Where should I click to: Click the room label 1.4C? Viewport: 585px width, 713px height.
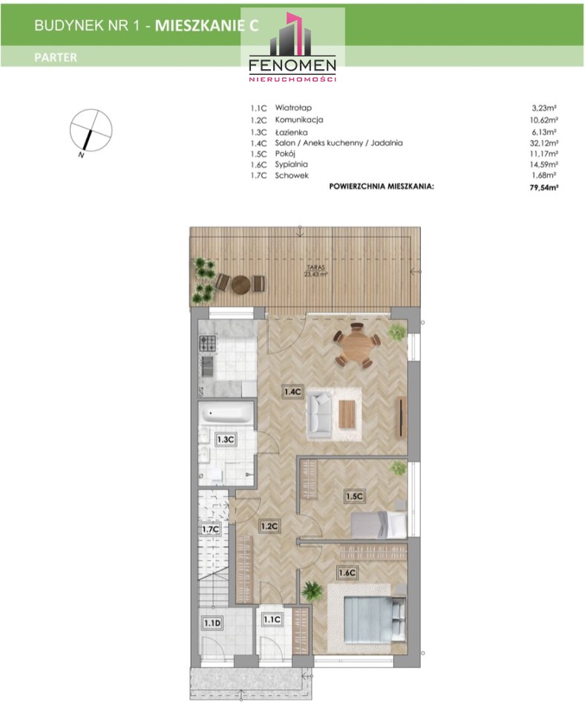tap(292, 391)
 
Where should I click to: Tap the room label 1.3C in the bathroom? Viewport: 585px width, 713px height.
tap(226, 440)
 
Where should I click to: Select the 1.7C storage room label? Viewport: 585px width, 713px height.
tap(210, 530)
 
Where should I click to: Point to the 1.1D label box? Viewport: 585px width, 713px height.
tap(212, 622)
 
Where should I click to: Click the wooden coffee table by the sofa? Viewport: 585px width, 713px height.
tap(347, 414)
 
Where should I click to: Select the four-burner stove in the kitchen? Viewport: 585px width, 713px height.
tap(207, 343)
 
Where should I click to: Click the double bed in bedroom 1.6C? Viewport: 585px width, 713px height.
tap(374, 619)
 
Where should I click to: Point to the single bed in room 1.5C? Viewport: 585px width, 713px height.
tap(379, 524)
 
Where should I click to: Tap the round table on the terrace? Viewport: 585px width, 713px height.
tap(241, 284)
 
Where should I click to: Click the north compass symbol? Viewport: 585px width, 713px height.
tap(91, 131)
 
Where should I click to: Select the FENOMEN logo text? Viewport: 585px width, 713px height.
tap(292, 65)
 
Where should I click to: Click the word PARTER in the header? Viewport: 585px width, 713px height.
tap(56, 57)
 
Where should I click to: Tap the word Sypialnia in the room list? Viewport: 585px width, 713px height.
tap(291, 164)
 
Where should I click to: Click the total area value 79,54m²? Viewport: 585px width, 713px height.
tap(543, 186)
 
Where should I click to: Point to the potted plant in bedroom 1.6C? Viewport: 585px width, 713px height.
tap(311, 592)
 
